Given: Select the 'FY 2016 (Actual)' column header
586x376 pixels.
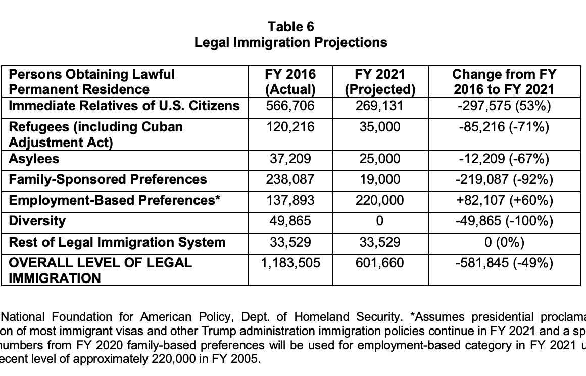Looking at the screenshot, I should (290, 82).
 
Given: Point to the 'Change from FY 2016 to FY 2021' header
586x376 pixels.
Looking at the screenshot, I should (504, 82).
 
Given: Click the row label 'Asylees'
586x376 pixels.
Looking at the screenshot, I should (34, 159).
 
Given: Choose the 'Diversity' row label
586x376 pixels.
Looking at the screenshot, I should (37, 221).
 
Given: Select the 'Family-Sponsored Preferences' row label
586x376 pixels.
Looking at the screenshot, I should (108, 179).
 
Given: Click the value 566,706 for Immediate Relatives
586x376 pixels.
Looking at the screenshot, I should (290, 106).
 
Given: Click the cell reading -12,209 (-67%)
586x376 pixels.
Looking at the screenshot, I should (504, 159).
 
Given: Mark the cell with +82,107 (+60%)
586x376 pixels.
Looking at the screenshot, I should (504, 200).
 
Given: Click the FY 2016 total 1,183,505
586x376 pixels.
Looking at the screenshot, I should (290, 263).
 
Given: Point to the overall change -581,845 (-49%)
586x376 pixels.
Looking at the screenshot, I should (504, 263).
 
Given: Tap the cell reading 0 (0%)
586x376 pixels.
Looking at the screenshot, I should (504, 242).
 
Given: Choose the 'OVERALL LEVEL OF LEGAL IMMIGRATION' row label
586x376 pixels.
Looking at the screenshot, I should (101, 270).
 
